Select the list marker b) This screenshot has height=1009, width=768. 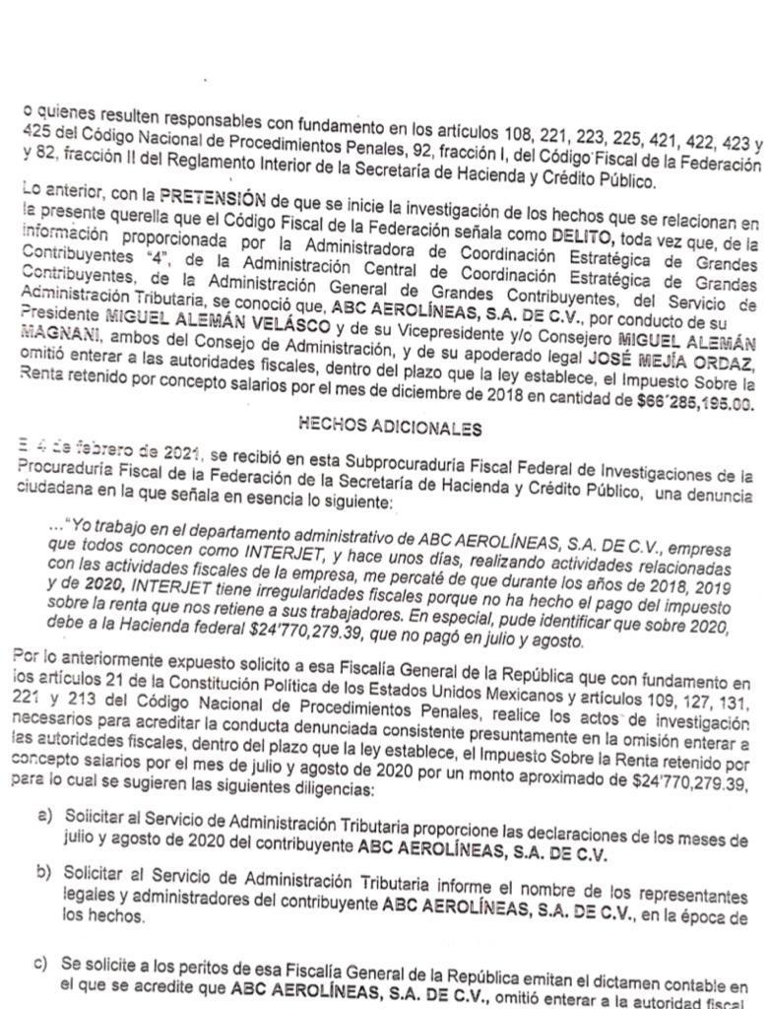[44, 874]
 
